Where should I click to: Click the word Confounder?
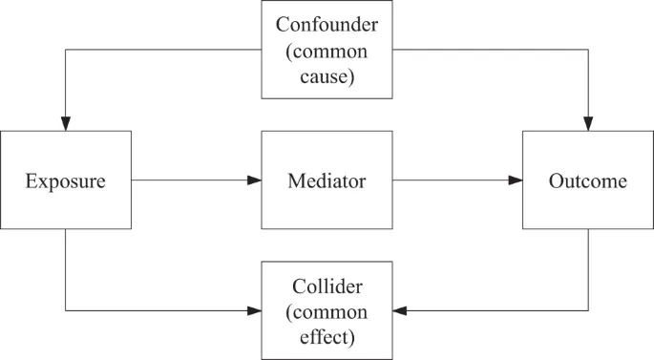327,24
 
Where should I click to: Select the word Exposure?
65,180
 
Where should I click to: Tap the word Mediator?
327,180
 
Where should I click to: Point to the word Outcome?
588,180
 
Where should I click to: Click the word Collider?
327,286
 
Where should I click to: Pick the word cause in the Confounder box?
327,75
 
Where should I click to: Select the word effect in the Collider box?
327,336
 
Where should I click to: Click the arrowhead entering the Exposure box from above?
65,124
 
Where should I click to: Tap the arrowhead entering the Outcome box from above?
588,124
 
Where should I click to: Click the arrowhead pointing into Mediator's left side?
254,180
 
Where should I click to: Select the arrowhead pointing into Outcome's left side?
516,180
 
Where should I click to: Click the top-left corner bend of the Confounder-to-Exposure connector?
65,50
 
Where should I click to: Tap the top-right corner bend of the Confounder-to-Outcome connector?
588,50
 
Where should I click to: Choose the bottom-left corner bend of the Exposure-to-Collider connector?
65,310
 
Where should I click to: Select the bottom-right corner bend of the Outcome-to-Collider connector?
588,310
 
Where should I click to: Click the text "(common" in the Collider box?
327,311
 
